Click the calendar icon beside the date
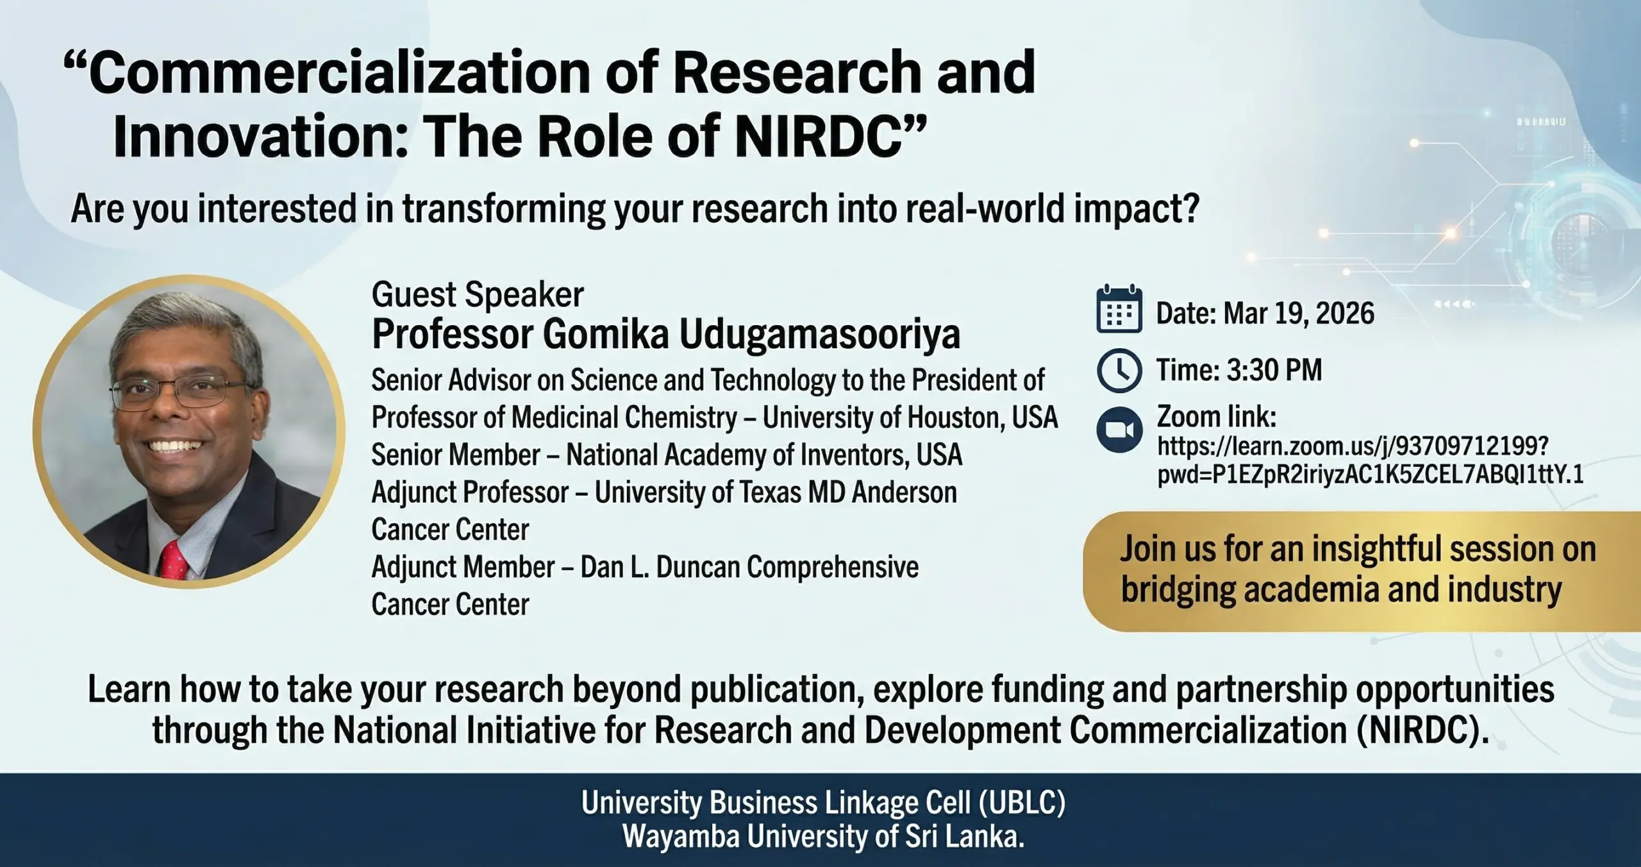tap(1119, 310)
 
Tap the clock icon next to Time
tap(1119, 370)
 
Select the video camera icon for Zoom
tap(1119, 430)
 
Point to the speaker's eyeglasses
tap(181, 392)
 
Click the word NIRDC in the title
tap(821, 137)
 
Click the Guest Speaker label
tap(478, 295)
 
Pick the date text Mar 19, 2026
tap(1299, 314)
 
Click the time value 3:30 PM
tap(1274, 370)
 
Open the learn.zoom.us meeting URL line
tap(1353, 446)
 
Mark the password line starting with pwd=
tap(1370, 475)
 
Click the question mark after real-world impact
tap(1191, 209)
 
